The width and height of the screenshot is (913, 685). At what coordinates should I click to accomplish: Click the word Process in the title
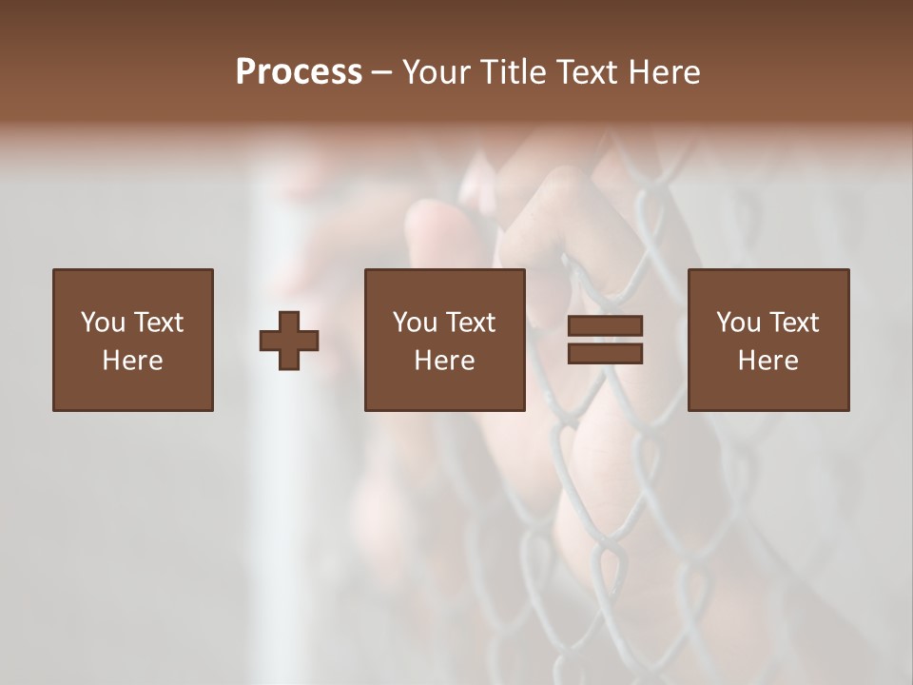tap(299, 72)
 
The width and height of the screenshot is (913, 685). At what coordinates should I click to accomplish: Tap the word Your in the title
tap(437, 72)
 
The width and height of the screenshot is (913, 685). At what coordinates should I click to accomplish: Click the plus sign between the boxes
tap(289, 340)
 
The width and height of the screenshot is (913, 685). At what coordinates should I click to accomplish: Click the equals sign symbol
tap(605, 340)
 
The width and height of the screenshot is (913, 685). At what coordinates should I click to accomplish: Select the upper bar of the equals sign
tap(605, 326)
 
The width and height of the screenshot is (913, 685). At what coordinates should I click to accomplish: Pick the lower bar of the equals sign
tap(605, 353)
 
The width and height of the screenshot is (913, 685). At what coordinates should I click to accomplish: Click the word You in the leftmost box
tap(103, 323)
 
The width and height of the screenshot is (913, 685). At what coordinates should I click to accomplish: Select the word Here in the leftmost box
tap(132, 361)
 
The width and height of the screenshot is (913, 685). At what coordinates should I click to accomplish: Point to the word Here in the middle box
tap(444, 361)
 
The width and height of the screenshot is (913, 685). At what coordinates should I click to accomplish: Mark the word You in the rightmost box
tap(738, 323)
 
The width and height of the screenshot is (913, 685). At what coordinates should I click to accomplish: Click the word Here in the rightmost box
tap(767, 361)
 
